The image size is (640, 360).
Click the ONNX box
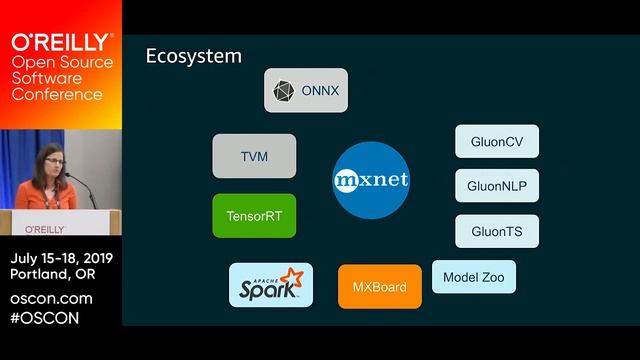306,90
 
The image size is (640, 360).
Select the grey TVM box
254,156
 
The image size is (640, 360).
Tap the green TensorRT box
254,215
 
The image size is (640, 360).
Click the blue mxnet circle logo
371,181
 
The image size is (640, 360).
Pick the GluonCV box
497,141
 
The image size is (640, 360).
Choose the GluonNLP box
497,186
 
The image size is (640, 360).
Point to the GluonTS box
497,231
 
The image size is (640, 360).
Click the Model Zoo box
474,276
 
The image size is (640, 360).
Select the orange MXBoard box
379,286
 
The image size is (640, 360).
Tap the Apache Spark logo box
270,285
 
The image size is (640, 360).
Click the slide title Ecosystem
194,56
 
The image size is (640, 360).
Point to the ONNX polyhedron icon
284,91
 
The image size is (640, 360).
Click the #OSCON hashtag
44,318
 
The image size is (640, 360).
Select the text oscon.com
51,299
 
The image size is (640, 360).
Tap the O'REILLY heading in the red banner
61,42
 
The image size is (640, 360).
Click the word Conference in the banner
56,95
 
